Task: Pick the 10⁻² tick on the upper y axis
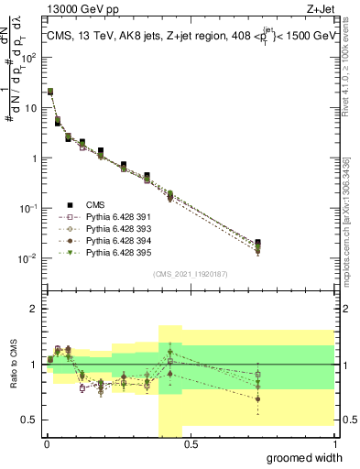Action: pyautogui.click(x=28, y=258)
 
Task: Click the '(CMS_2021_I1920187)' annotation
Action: pyautogui.click(x=190, y=273)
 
